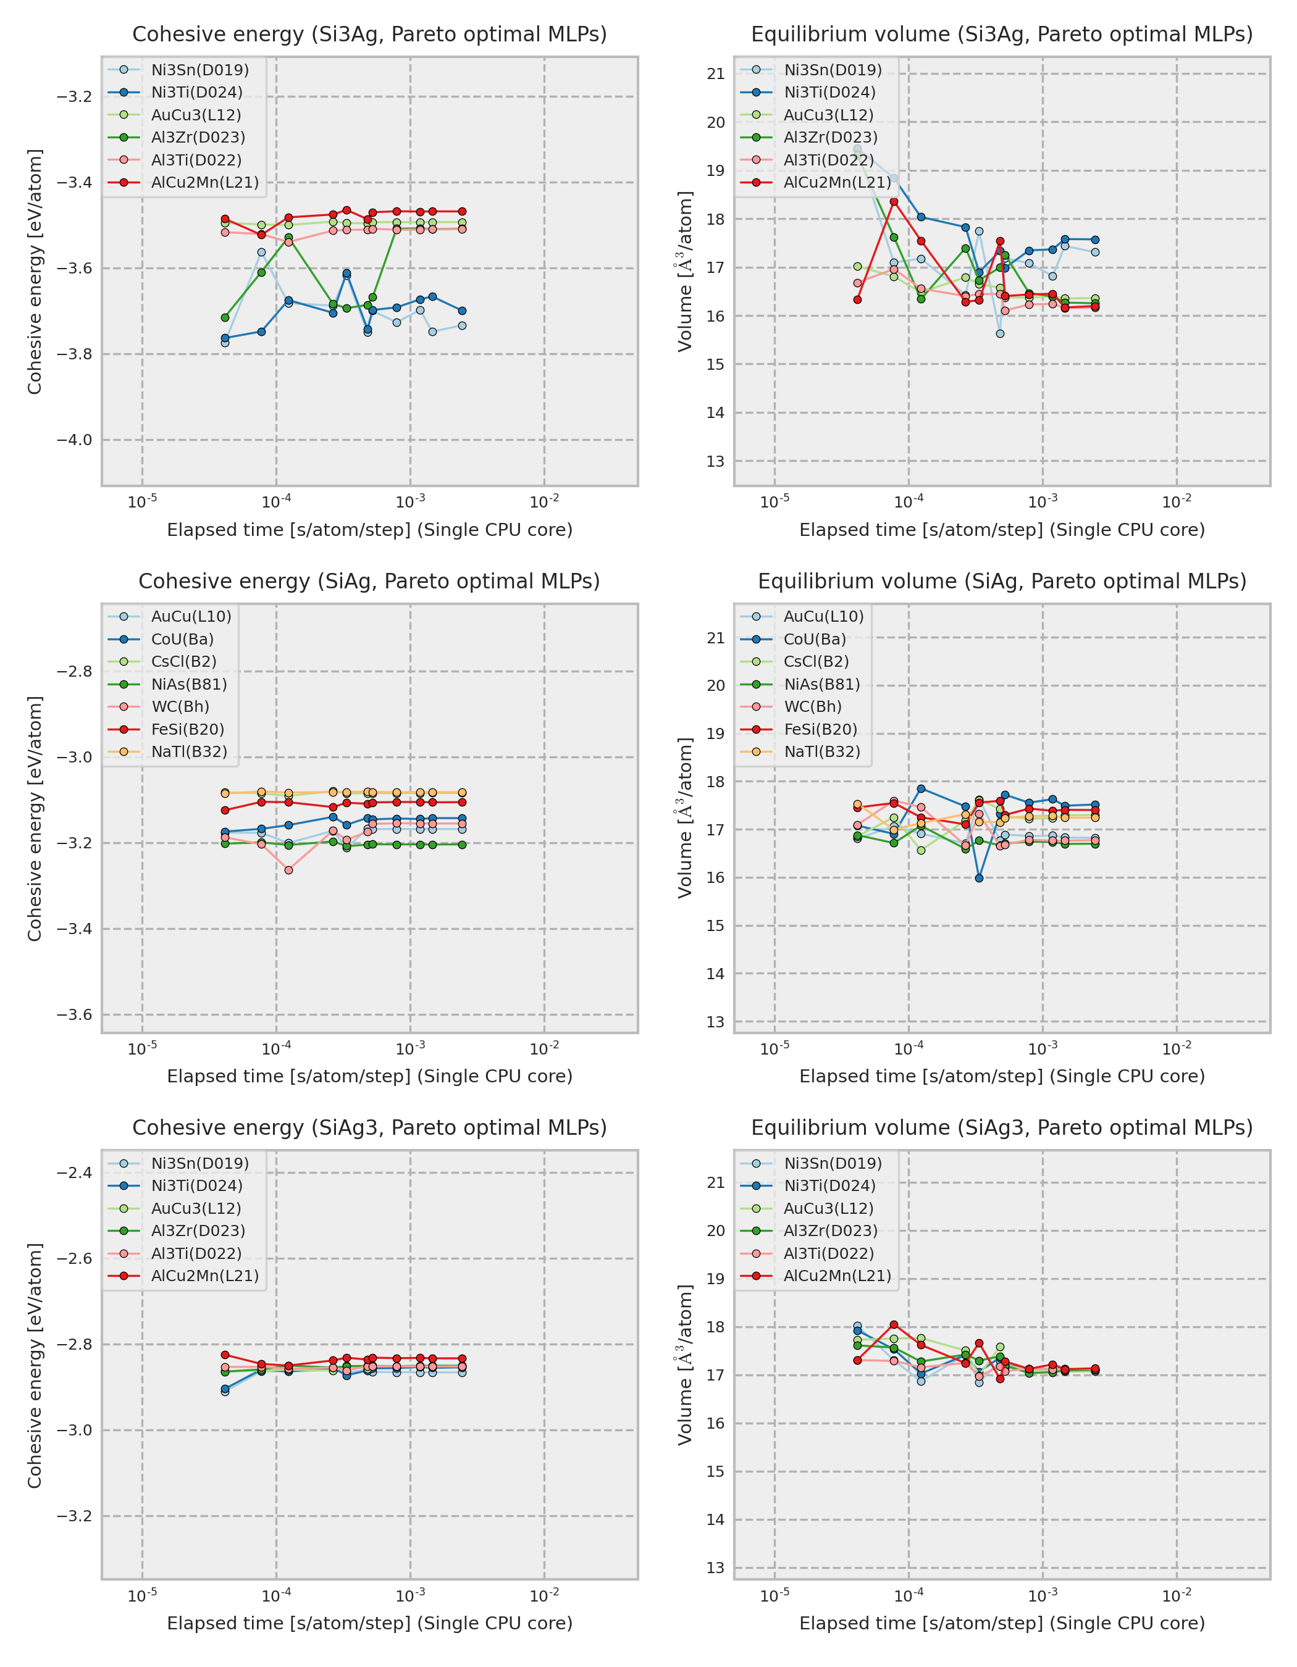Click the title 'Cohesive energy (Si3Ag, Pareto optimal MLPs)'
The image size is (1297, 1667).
click(x=369, y=35)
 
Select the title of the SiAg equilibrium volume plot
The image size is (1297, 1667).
click(x=1002, y=581)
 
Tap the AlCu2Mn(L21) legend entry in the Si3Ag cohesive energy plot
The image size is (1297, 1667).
click(x=204, y=182)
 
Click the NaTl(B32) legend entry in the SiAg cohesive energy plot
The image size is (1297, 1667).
click(x=188, y=752)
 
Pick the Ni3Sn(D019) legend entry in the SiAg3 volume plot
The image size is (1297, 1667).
click(x=832, y=1163)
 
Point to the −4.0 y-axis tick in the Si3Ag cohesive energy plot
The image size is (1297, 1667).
click(x=74, y=440)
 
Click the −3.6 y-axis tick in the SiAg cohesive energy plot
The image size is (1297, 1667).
click(x=74, y=1014)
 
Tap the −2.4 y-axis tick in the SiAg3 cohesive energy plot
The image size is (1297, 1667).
click(x=74, y=1172)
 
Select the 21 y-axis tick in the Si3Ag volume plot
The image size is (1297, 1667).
click(x=715, y=74)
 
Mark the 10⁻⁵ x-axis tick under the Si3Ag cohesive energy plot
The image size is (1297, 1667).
click(x=142, y=502)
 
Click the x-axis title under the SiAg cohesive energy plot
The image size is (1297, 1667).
click(x=369, y=1076)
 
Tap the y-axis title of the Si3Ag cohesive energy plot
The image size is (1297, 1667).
click(x=35, y=271)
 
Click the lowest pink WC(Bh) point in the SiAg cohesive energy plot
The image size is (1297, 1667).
click(x=288, y=870)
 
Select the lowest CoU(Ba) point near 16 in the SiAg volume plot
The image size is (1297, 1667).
click(x=980, y=878)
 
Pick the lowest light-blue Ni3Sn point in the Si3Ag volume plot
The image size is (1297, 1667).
click(x=1000, y=333)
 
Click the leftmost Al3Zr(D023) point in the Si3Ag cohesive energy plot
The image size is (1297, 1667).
click(x=225, y=317)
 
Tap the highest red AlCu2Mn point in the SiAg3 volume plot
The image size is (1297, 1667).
click(x=894, y=1325)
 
